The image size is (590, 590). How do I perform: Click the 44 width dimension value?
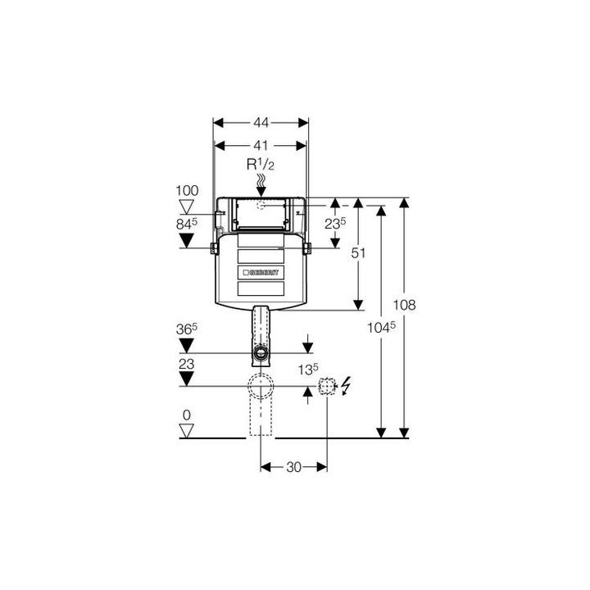coord(261,123)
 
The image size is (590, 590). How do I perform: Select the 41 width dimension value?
coord(261,146)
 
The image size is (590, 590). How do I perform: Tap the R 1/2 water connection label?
coord(261,165)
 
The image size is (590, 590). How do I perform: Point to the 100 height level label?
coord(187,191)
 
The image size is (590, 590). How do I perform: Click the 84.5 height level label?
coord(187,224)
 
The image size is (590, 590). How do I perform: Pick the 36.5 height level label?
coord(187,329)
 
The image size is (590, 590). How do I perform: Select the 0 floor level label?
coord(187,415)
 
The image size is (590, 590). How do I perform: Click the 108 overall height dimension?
coord(405,305)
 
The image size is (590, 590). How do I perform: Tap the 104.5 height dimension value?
coord(381,327)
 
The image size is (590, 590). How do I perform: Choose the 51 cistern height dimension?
coord(358,253)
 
